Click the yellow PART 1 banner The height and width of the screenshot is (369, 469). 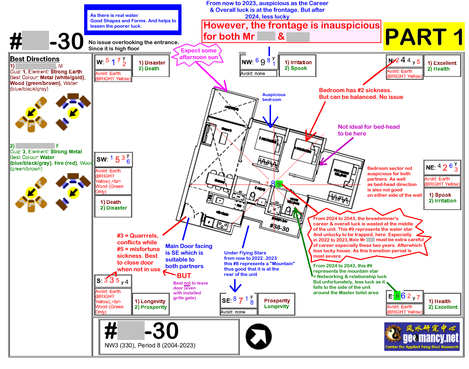tap(424, 37)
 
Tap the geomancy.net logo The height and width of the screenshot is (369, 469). tap(422, 336)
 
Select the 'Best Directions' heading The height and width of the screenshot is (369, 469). tap(35, 59)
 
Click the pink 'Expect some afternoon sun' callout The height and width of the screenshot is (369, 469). tap(198, 54)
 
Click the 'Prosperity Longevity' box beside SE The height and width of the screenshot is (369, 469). tap(277, 303)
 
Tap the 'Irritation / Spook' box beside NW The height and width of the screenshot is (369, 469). tap(298, 65)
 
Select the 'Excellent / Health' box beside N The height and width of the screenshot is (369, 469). tap(442, 66)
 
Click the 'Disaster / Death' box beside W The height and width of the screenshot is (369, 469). tap(151, 66)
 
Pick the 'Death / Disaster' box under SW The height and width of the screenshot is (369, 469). tap(113, 205)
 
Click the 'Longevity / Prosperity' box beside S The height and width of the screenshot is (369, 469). tap(150, 304)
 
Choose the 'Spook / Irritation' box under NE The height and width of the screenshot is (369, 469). tap(443, 198)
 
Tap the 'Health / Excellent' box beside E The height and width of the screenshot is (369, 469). tap(443, 304)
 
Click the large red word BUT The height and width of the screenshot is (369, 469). tap(184, 276)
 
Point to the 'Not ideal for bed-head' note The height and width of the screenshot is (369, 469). tap(368, 130)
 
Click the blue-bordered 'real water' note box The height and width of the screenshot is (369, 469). tap(133, 20)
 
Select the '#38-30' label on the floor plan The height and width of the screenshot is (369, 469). tap(279, 227)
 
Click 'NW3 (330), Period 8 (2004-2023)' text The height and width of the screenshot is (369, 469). tap(150, 345)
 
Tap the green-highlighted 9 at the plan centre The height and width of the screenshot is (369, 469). tap(279, 184)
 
